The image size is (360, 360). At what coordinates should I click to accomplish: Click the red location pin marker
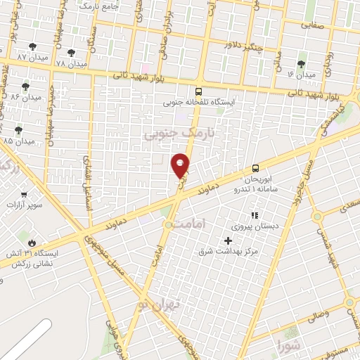tap(181, 165)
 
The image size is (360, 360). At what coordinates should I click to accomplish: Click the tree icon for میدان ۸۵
tap(18, 130)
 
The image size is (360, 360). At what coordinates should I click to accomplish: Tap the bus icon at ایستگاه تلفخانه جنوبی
tap(199, 91)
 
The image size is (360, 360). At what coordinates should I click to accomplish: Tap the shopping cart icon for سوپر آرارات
tap(25, 195)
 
